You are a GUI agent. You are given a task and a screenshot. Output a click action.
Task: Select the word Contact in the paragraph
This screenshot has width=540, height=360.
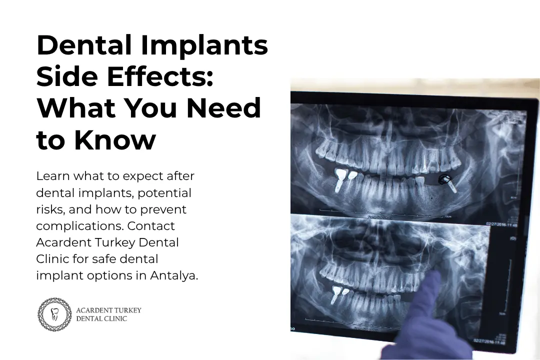pyautogui.click(x=151, y=226)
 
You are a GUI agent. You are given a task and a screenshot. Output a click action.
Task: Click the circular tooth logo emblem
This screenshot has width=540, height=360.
pyautogui.click(x=55, y=314)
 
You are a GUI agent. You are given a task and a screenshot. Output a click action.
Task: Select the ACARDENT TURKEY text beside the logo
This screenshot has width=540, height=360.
pyautogui.click(x=108, y=310)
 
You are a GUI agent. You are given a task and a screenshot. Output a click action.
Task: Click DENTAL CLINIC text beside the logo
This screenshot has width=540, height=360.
pyautogui.click(x=101, y=318)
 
